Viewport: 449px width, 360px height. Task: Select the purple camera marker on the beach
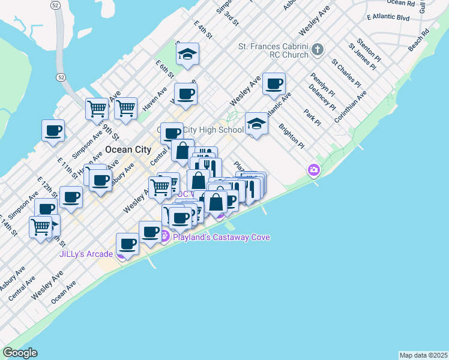313,171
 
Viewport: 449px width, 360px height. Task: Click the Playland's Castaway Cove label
221,237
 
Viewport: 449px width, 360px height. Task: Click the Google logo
20,353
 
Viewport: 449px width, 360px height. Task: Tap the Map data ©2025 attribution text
423,355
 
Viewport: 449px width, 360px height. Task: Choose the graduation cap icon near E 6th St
188,55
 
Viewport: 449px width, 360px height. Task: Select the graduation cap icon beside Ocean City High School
256,124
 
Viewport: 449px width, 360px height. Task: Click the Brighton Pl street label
292,136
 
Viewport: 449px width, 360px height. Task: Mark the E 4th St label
203,29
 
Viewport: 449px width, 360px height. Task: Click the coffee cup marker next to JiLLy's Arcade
127,244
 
